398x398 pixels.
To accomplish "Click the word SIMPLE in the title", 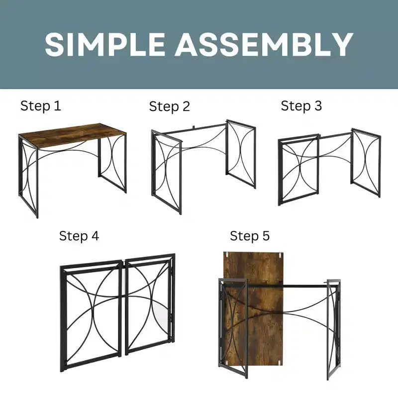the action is (104, 44).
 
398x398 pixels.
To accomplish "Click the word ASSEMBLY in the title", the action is (264, 44).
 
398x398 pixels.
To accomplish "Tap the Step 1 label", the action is (41, 105).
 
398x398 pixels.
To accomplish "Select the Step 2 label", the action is (169, 106).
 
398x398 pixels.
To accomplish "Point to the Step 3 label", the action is (301, 105).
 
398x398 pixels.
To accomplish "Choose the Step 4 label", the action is (79, 236).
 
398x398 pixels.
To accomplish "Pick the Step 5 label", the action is (250, 236).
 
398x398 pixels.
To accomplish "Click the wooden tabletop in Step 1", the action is (72, 135).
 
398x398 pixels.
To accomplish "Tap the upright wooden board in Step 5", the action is (253, 308).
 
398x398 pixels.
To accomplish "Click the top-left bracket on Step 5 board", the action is (227, 254).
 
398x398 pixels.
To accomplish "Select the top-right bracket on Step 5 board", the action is (280, 254).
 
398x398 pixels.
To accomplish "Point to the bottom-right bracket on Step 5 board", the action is (280, 363).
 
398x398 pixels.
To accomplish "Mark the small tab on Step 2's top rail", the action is (194, 126).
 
